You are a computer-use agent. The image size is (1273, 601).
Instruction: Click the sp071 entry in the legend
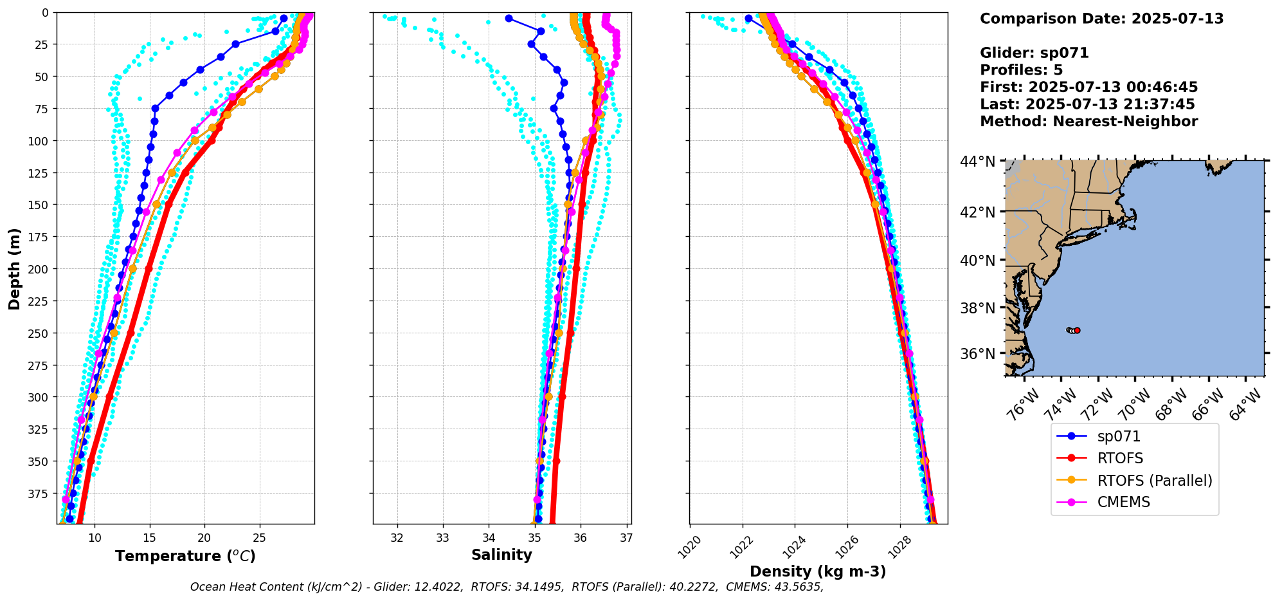pos(1119,436)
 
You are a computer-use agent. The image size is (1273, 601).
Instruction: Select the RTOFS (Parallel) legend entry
pos(1154,481)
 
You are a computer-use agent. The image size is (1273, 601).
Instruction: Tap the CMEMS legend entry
pos(1123,503)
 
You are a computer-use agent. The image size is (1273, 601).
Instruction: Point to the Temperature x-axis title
pos(185,556)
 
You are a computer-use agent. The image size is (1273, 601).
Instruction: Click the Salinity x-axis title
pos(501,555)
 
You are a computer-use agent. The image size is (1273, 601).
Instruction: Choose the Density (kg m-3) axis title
pos(818,571)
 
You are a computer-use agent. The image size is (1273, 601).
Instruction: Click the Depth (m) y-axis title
pos(14,268)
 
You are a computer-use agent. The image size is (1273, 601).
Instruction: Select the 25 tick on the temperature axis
pos(259,538)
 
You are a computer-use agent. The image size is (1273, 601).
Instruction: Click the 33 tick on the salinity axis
pos(443,538)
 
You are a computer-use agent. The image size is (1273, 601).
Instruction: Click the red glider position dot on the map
pos(1077,330)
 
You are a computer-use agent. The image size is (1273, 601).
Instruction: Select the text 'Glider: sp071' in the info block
pos(1034,53)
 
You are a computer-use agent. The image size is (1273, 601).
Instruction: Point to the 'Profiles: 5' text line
pos(1021,70)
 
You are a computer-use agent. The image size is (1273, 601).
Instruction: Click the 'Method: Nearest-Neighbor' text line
pos(1088,122)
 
